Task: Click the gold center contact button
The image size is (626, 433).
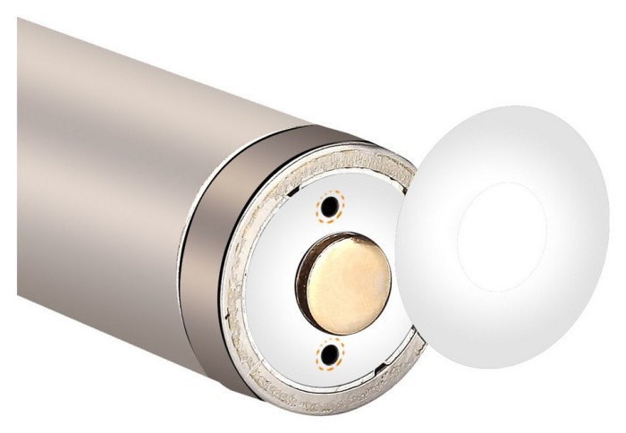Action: click(x=345, y=278)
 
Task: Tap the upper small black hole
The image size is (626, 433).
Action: click(x=331, y=207)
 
